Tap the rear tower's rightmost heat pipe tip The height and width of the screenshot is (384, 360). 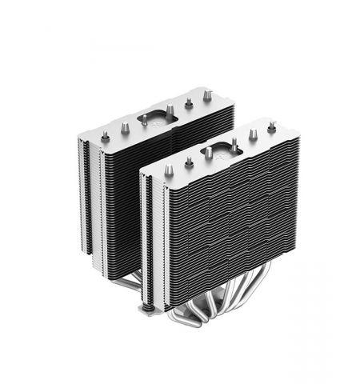(208, 95)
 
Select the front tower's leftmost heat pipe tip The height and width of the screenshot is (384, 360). (169, 169)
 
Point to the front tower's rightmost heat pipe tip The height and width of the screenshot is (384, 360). (271, 126)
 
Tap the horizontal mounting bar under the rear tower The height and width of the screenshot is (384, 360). (128, 276)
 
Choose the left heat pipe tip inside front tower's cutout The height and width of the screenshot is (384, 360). (206, 150)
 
